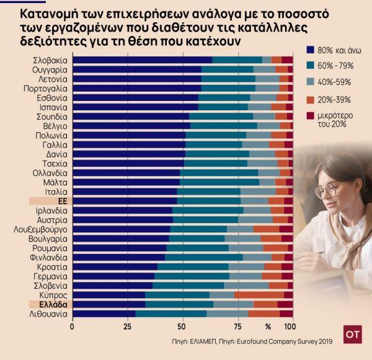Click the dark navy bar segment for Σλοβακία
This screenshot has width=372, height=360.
tap(142, 60)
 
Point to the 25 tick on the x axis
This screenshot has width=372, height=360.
tap(128, 325)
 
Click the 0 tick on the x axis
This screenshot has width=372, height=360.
tap(73, 325)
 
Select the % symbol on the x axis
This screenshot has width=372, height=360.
tap(268, 325)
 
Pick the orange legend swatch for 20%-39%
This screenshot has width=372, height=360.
tap(311, 99)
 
